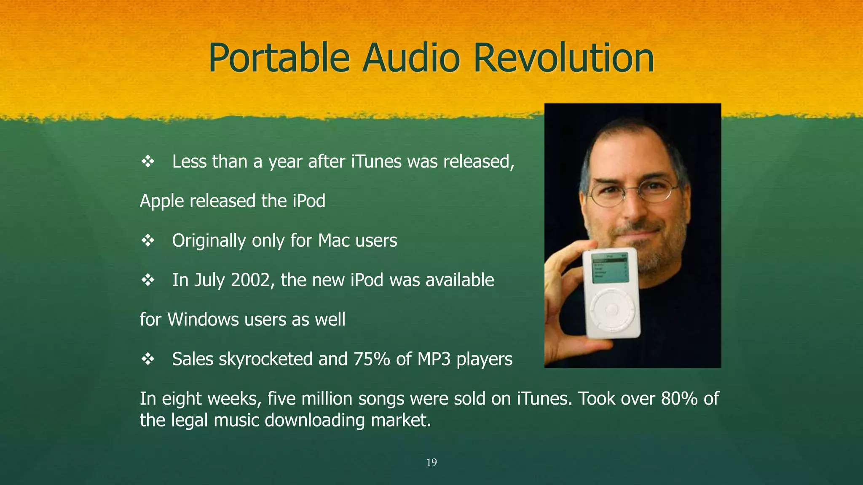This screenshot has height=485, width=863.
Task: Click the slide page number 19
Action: (x=431, y=463)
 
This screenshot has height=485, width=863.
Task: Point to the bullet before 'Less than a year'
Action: (x=148, y=162)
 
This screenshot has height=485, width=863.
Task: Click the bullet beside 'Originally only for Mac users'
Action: (x=148, y=241)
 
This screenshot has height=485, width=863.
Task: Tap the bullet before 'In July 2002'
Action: (x=148, y=280)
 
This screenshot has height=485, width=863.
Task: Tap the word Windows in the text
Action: (x=203, y=320)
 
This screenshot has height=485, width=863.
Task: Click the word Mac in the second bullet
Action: (x=334, y=241)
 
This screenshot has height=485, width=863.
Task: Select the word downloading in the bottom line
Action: (x=314, y=421)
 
